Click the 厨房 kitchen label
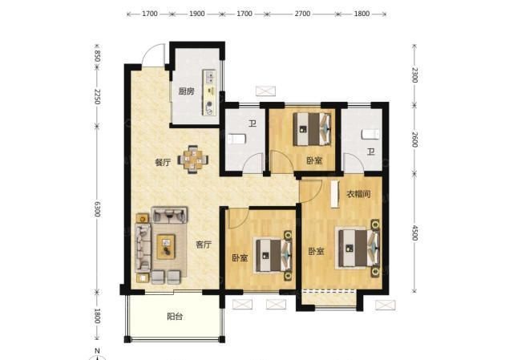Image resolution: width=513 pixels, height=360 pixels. coord(186,91)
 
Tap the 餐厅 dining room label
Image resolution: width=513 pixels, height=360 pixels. coord(163,162)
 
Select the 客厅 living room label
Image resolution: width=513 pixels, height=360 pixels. coord(204,245)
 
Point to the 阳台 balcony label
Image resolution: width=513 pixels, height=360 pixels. coord(175,317)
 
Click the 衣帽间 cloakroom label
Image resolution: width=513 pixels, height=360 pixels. coord(358,194)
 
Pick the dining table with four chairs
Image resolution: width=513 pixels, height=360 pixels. coord(193,160)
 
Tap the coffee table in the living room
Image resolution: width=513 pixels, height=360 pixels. coord(166,246)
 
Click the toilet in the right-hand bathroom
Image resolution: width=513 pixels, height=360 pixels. coord(370,134)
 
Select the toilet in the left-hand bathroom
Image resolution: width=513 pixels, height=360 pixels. coord(236,139)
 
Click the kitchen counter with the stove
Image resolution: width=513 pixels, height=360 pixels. coord(209,93)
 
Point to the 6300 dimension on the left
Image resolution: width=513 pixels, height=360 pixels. coord(97,208)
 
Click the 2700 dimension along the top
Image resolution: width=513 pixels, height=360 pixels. coord(302,14)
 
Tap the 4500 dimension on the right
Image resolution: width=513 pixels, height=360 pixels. coord(414,233)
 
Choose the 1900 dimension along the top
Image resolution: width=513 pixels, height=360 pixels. coord(197,14)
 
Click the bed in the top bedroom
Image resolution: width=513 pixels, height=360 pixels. coord(312,129)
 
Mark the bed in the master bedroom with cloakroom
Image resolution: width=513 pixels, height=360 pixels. coord(358,248)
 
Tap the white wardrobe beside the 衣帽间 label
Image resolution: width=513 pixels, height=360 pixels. coord(334,194)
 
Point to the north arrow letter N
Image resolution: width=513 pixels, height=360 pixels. coord(97,351)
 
